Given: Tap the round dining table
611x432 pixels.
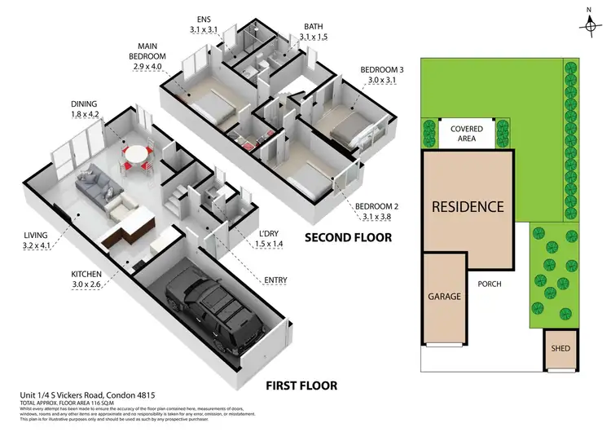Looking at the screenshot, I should (x=135, y=152).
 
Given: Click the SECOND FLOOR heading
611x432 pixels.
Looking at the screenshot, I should (x=348, y=237).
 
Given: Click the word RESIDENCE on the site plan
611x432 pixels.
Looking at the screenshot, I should (x=467, y=206).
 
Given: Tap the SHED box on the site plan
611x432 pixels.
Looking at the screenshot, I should (x=561, y=349).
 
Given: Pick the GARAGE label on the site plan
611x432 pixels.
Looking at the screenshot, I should (x=444, y=297).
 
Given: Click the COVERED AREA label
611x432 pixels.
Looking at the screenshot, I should (x=462, y=133).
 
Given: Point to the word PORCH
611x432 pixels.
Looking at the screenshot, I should (x=490, y=284).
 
